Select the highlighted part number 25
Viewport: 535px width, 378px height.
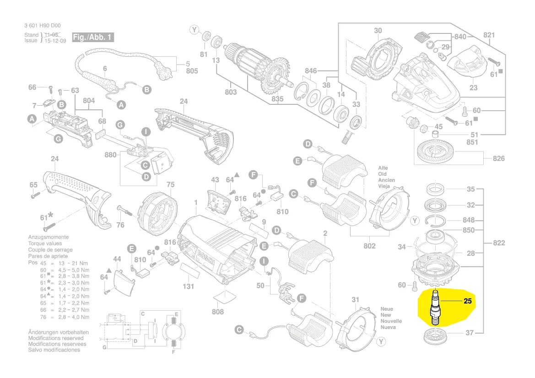point(467,301)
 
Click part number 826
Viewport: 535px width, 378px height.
point(498,158)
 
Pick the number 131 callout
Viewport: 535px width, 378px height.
point(188,286)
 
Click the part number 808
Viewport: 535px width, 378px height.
point(218,312)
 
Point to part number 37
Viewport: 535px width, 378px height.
point(470,333)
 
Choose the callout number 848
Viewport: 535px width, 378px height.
point(469,220)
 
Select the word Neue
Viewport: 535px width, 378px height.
point(387,309)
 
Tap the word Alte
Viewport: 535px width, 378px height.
point(383,168)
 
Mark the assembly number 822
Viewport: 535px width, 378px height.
point(498,243)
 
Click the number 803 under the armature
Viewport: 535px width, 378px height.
point(231,92)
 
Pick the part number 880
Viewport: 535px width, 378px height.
point(110,155)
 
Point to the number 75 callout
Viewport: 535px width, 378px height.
point(170,185)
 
